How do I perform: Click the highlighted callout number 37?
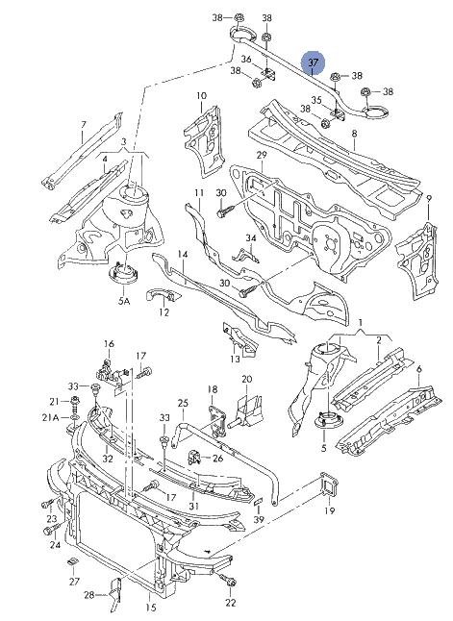(313, 62)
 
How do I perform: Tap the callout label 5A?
(123, 301)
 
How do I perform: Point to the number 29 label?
(262, 155)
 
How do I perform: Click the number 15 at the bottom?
(151, 608)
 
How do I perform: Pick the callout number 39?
(259, 519)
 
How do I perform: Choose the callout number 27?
(74, 581)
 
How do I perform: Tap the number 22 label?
(230, 603)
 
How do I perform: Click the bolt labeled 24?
(51, 529)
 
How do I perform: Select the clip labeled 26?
(193, 457)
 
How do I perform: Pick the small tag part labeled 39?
(258, 501)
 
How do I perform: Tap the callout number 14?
(183, 254)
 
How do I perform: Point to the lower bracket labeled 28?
(115, 593)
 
